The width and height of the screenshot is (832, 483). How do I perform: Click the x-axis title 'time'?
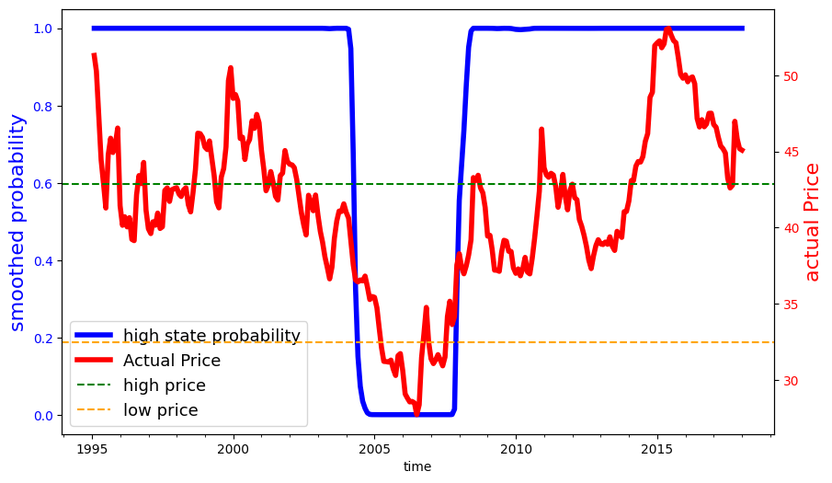tap(417, 466)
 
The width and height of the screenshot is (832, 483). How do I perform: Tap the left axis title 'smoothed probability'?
tap(17, 222)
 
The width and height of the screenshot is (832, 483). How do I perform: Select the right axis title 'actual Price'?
tap(812, 222)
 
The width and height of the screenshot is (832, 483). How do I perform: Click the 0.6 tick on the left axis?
tap(43, 184)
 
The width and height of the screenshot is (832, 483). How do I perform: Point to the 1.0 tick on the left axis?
tap(43, 29)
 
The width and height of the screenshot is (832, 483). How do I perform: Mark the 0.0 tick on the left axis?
tap(43, 416)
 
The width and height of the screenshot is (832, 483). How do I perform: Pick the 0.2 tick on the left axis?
tap(43, 339)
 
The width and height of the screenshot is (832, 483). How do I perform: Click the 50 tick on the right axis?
tap(790, 75)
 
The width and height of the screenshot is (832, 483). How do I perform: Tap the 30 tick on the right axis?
tap(790, 381)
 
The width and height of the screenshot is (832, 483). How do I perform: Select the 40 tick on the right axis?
tap(790, 228)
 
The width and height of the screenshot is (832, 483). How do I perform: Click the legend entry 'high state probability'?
tap(211, 336)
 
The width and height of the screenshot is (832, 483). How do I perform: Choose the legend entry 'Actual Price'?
tap(172, 361)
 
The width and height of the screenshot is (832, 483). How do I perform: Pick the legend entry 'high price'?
tap(165, 385)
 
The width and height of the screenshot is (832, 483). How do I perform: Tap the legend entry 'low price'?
tap(161, 410)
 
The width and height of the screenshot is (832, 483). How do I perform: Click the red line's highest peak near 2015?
tap(667, 29)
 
